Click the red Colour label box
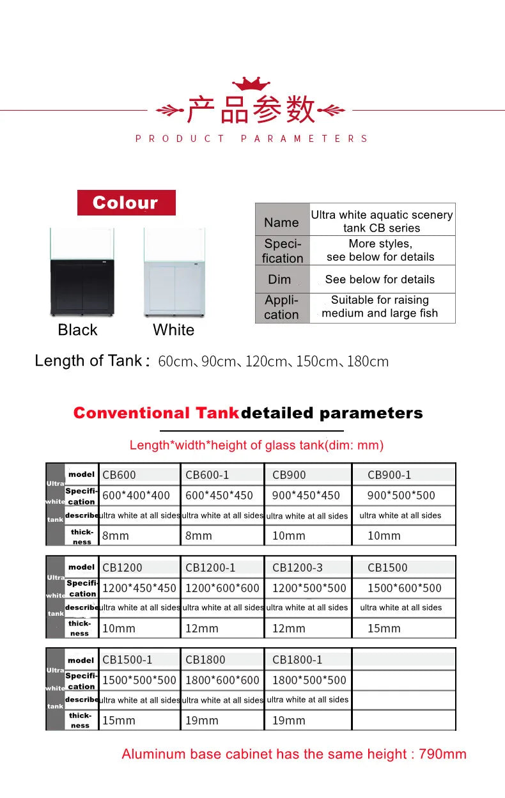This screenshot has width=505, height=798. (x=126, y=203)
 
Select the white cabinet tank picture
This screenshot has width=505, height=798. (x=174, y=272)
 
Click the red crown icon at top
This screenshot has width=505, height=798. (x=251, y=84)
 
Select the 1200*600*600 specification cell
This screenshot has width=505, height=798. (x=222, y=588)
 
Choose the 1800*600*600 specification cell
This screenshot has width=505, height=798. (x=222, y=680)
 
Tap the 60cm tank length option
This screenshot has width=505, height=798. (x=175, y=362)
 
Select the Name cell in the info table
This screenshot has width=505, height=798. (x=281, y=223)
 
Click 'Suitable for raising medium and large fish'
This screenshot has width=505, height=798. (x=380, y=307)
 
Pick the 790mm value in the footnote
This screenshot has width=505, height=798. (x=442, y=755)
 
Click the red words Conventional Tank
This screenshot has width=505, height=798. (x=157, y=413)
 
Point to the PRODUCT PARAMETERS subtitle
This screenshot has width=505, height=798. (x=252, y=139)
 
